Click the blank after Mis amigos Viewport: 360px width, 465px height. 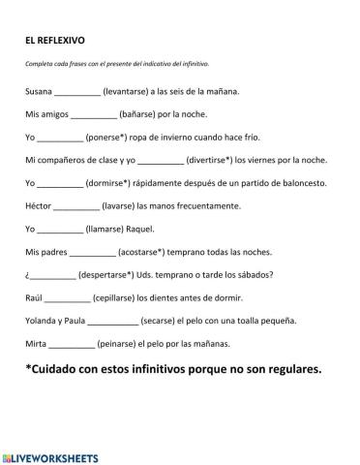coord(94,115)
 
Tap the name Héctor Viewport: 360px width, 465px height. coord(39,205)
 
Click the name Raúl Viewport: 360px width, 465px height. coord(34,297)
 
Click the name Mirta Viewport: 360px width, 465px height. coord(36,344)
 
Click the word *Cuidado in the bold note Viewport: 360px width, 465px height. coord(57,369)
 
